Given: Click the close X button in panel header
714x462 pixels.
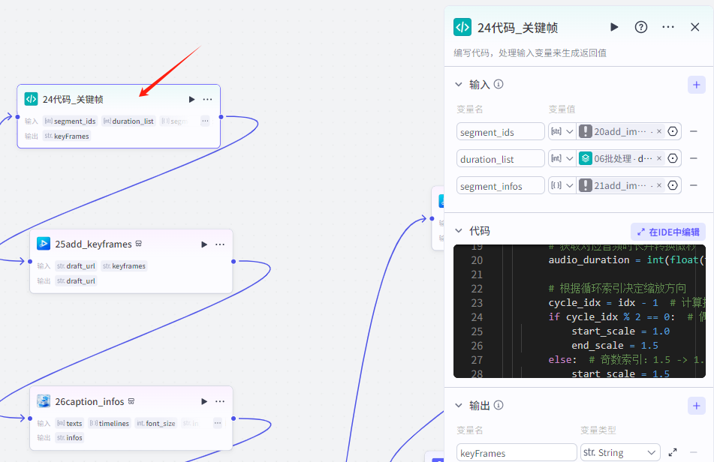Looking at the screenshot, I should [694, 27].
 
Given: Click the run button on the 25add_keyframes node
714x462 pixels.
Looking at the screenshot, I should [203, 244].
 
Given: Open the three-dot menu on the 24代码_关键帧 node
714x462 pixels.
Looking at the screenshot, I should [207, 99].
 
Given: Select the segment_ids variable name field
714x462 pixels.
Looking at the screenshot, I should [500, 131].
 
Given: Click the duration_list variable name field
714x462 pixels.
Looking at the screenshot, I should [500, 159].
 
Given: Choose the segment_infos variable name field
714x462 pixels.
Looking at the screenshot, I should [500, 186].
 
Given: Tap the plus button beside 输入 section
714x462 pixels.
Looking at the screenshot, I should [696, 85].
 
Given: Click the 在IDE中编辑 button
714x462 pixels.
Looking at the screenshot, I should [667, 232].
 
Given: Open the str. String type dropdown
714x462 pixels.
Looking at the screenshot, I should [619, 452].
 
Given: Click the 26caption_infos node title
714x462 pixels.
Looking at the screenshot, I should [89, 401].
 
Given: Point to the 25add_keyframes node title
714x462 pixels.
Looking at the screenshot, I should [93, 244].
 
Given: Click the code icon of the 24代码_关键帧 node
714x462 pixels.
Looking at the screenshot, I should [31, 99].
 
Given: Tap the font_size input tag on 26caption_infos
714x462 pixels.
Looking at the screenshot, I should [156, 424].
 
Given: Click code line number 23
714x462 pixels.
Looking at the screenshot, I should [476, 303].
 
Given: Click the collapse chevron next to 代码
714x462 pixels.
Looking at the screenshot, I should [459, 231].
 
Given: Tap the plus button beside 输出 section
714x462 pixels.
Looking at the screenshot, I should [696, 406].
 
